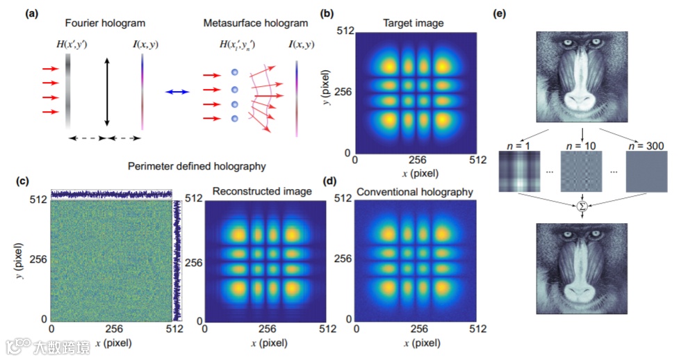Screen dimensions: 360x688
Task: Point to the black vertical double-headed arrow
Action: click(x=106, y=92)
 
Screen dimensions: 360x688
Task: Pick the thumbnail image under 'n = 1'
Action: click(x=520, y=172)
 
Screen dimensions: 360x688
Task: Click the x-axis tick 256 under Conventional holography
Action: click(x=418, y=330)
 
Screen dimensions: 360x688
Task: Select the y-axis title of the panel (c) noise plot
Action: click(x=19, y=259)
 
